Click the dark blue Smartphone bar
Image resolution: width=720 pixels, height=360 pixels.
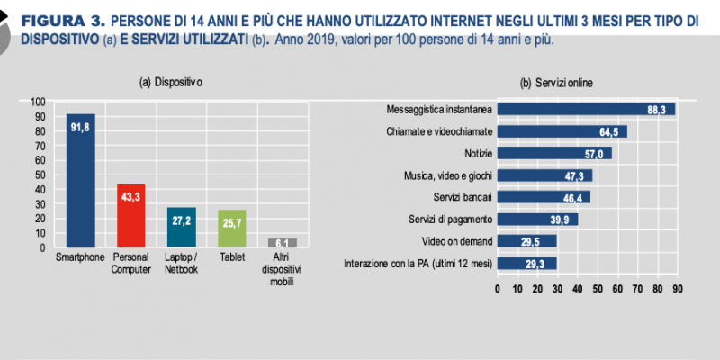click(81, 181)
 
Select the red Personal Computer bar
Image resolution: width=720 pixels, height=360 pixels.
click(131, 216)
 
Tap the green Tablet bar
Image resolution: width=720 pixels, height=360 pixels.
click(232, 229)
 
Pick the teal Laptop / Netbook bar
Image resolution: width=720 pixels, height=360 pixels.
click(182, 228)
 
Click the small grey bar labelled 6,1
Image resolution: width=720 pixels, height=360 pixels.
click(283, 243)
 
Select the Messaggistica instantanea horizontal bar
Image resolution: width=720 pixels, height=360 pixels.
click(587, 109)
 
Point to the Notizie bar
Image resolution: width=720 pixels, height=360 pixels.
click(554, 153)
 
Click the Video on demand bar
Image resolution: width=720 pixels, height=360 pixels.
click(527, 241)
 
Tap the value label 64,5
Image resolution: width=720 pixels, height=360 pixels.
click(609, 132)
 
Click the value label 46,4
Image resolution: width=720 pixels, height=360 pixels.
click(572, 199)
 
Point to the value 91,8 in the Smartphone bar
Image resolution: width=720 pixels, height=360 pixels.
click(80, 128)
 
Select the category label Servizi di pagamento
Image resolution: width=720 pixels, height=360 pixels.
click(451, 220)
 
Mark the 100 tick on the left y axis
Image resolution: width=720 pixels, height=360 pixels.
click(38, 102)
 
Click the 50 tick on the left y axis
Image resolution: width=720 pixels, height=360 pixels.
click(40, 175)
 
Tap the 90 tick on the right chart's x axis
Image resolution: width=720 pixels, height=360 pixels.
click(678, 289)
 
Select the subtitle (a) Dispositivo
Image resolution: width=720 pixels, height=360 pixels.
click(171, 83)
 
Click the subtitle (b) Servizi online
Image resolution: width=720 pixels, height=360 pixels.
click(556, 83)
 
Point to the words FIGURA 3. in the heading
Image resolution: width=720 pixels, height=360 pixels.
click(63, 21)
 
